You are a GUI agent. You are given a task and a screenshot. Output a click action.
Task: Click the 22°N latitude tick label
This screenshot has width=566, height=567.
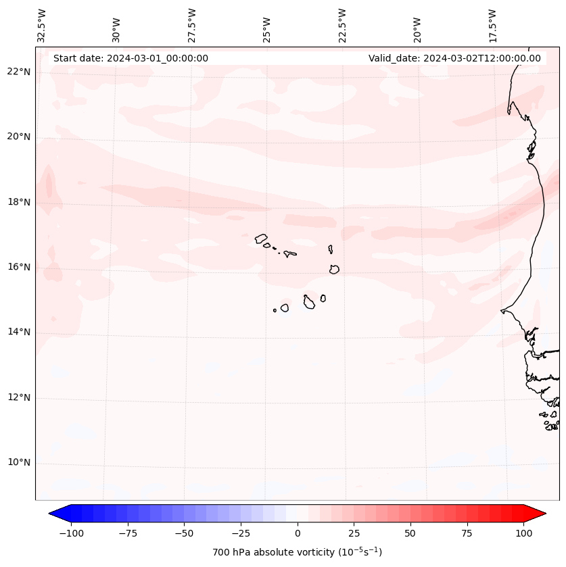click(19, 72)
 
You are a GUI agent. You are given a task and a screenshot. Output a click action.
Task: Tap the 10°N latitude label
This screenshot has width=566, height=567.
click(19, 463)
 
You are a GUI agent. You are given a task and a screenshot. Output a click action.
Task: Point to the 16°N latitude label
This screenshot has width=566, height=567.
click(19, 267)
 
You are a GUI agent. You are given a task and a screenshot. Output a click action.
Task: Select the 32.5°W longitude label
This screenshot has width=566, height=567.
click(42, 25)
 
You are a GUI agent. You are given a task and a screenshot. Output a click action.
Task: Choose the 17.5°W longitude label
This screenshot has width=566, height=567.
click(492, 25)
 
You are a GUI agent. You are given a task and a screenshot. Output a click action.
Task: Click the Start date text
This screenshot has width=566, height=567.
click(131, 58)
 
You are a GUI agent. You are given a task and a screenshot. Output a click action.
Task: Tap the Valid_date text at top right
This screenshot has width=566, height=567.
click(454, 58)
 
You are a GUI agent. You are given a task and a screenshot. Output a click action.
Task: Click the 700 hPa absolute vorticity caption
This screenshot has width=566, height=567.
click(298, 552)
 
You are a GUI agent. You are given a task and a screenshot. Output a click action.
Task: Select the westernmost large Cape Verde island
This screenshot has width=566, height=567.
click(261, 238)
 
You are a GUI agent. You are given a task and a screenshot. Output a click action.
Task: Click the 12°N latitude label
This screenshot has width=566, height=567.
click(19, 397)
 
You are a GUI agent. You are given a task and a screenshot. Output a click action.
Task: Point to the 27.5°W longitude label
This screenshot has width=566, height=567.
click(192, 25)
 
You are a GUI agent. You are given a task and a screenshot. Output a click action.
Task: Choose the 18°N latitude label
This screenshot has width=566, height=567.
click(19, 202)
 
